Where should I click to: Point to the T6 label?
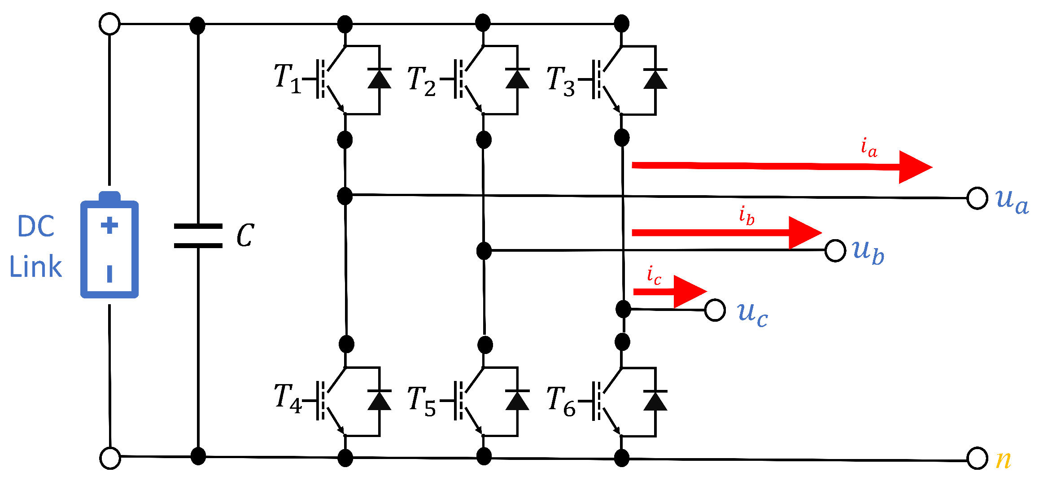click(560, 401)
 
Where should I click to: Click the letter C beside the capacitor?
click(245, 236)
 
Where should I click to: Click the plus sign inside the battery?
click(109, 225)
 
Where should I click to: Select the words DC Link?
click(36, 247)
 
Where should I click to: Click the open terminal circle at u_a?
click(977, 198)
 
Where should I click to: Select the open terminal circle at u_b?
click(835, 250)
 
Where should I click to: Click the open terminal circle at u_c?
click(715, 310)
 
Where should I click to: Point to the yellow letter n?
click(1003, 459)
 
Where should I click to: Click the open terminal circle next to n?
click(977, 459)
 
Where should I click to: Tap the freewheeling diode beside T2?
click(517, 79)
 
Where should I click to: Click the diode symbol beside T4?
click(379, 400)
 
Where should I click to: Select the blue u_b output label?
click(868, 252)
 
